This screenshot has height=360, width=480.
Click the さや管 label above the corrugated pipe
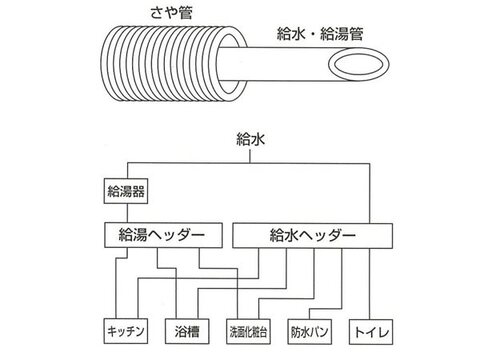(172, 13)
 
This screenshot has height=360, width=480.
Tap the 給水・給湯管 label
(320, 34)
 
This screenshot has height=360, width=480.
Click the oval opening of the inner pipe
(359, 65)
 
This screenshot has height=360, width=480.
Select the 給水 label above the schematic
(250, 139)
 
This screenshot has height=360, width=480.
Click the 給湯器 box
(126, 191)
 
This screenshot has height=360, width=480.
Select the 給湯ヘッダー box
(163, 235)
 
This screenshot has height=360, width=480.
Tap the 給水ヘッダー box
(312, 236)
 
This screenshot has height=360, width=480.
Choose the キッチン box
(126, 331)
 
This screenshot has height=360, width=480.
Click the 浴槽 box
(187, 331)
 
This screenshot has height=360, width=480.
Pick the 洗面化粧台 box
(248, 332)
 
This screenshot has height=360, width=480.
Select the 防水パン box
(310, 332)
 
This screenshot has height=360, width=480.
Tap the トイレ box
(371, 332)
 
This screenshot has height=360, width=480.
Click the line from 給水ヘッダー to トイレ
(369, 284)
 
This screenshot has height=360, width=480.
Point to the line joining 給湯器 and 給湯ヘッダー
(127, 213)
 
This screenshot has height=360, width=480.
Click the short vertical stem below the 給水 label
(250, 156)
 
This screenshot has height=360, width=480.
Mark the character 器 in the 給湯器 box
(139, 191)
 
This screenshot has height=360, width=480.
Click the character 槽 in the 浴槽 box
(193, 331)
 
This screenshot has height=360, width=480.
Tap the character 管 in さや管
(186, 13)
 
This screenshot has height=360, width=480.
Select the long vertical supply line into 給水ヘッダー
(369, 193)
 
